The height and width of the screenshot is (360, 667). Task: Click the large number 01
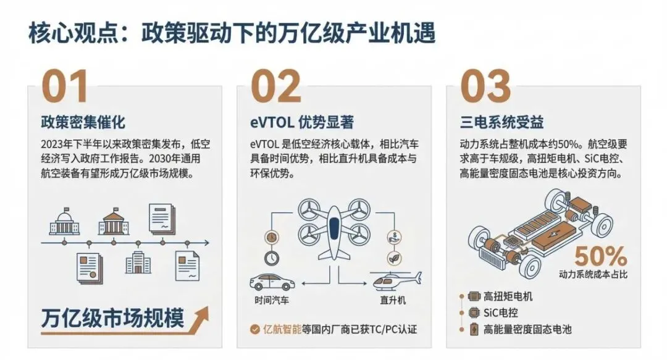click(x=65, y=86)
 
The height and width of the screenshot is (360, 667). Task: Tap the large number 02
click(x=275, y=86)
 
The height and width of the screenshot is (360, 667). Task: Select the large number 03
click(x=485, y=86)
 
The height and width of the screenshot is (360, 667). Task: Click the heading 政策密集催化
click(x=83, y=122)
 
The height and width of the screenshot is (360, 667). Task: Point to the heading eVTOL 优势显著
click(x=301, y=122)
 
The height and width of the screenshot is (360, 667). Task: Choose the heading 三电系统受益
click(x=501, y=122)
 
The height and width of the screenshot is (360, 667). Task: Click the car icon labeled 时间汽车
click(x=272, y=282)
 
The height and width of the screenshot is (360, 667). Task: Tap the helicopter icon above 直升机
click(x=397, y=280)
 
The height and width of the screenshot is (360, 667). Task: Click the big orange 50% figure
click(x=601, y=257)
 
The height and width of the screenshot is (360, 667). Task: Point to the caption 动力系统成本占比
click(x=593, y=274)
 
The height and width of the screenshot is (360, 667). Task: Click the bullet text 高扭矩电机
click(x=508, y=296)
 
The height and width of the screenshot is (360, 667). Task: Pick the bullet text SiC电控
click(x=501, y=313)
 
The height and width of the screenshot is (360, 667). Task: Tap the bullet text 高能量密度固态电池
click(x=527, y=329)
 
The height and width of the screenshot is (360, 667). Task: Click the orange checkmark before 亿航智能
click(x=255, y=329)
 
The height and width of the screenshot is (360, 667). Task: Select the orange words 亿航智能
click(x=282, y=329)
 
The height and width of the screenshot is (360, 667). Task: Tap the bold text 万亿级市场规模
click(x=113, y=318)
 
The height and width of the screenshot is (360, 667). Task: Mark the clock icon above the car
click(x=271, y=257)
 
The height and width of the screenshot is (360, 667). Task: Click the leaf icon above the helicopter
click(x=395, y=258)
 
